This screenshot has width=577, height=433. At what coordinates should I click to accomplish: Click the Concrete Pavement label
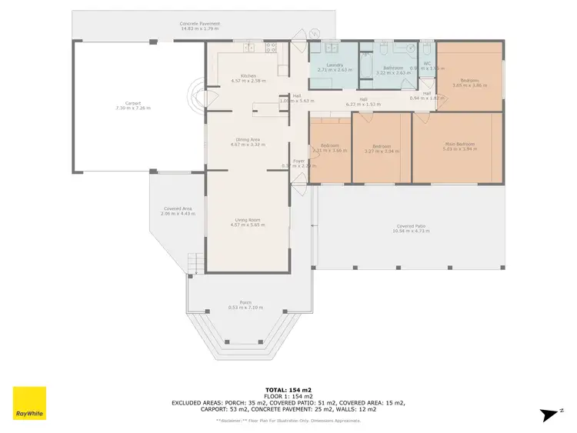(x=200, y=24)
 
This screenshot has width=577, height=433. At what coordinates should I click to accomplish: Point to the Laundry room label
(x=334, y=65)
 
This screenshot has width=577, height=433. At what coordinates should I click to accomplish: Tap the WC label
(x=427, y=63)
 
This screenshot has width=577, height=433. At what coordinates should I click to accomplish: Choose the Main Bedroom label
(x=459, y=144)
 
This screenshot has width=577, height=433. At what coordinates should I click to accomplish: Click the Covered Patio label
(x=409, y=226)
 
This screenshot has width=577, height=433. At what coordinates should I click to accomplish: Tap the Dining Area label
(x=248, y=139)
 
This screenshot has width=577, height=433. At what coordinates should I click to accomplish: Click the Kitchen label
(x=248, y=75)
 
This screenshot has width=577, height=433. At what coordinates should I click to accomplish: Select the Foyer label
(x=288, y=161)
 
